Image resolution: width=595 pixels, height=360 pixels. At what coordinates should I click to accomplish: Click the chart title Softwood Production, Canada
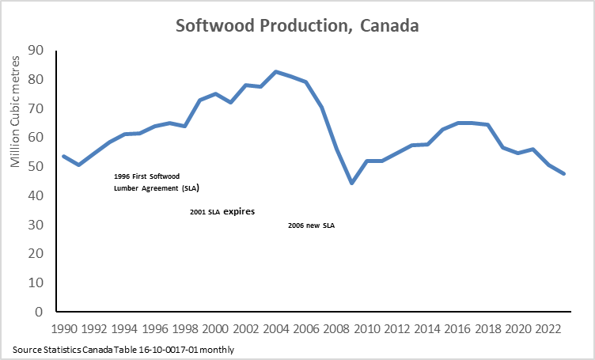pos(297,25)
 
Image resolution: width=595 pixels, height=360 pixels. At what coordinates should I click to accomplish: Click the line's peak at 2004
pos(275,71)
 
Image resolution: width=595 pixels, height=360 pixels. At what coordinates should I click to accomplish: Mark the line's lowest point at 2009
pos(351,183)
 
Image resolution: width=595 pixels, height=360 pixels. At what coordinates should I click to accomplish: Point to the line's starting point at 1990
pos(64,156)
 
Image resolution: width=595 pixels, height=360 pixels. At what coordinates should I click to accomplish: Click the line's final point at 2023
pos(563,173)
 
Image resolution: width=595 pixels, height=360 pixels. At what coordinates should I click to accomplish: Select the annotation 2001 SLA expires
pos(222,213)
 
